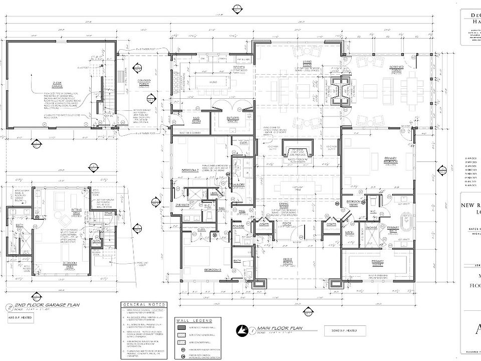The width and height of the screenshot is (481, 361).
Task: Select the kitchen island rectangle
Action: click(x=213, y=82)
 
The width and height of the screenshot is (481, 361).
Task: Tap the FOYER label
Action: click(x=287, y=224)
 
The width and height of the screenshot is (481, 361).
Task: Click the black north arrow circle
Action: click(x=244, y=329)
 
